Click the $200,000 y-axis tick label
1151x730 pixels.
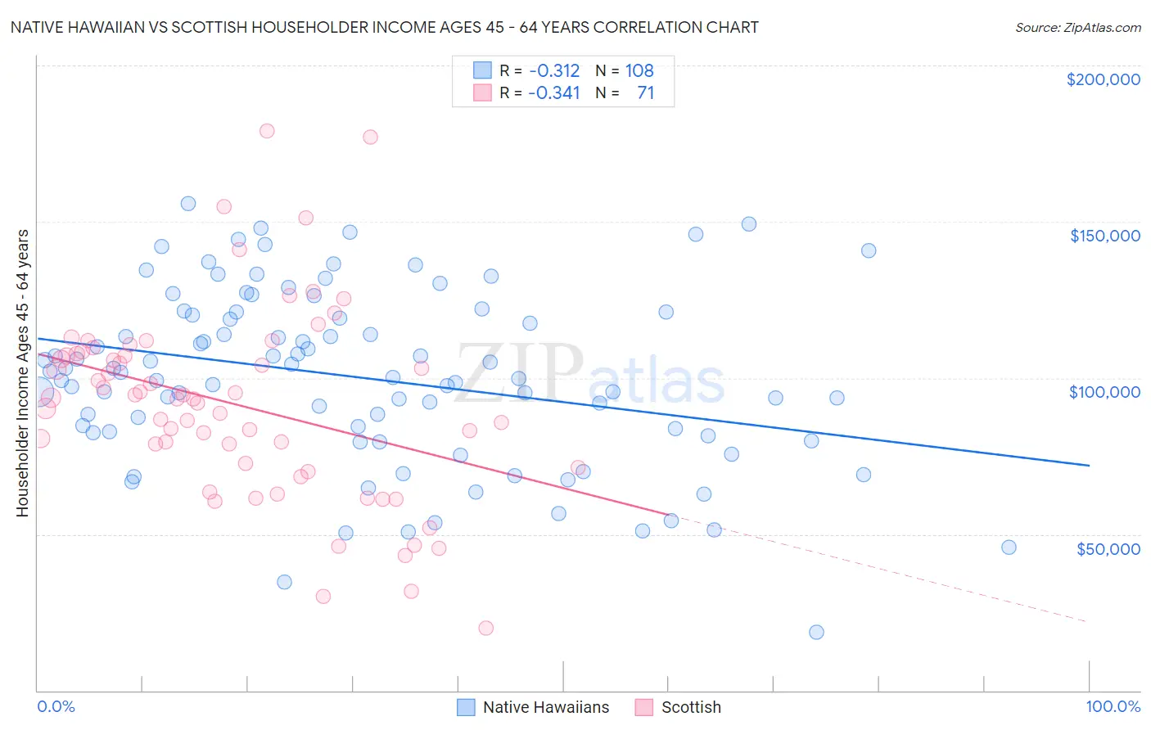[x=1103, y=79]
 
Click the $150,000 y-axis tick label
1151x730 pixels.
[x=1104, y=236]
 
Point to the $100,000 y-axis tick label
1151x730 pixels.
[x=1104, y=392]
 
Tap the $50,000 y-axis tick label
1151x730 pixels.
[x=1108, y=548]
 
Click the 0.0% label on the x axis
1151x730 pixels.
[x=56, y=706]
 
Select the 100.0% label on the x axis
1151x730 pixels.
[x=1113, y=706]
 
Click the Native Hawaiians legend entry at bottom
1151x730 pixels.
[x=545, y=707]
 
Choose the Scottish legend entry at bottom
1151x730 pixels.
[x=691, y=707]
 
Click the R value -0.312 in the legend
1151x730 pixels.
[x=553, y=70]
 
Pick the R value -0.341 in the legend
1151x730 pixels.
[x=553, y=92]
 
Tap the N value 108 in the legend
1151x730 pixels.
[x=639, y=70]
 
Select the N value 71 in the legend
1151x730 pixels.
[x=645, y=92]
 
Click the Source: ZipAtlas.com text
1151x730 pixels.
[x=1077, y=27]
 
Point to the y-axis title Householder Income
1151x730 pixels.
[x=22, y=373]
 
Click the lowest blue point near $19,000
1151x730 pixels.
[x=816, y=632]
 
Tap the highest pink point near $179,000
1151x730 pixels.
[x=266, y=131]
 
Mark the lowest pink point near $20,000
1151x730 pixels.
[x=485, y=628]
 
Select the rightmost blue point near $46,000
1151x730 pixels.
[x=1009, y=547]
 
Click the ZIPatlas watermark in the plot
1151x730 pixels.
[x=589, y=376]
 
